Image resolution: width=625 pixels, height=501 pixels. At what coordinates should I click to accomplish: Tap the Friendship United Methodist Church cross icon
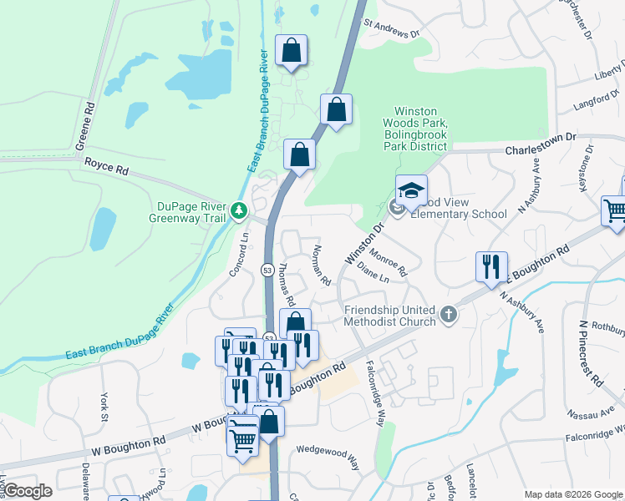pyautogui.click(x=449, y=315)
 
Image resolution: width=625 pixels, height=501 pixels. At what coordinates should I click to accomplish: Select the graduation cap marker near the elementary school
pyautogui.click(x=411, y=191)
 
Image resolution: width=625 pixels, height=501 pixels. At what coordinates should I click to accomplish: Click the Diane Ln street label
pyautogui.click(x=373, y=272)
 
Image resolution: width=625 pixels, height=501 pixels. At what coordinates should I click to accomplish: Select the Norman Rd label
pyautogui.click(x=321, y=266)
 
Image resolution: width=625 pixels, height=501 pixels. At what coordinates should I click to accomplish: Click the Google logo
pyautogui.click(x=28, y=491)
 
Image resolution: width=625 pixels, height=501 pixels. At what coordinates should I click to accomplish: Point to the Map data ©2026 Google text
pyautogui.click(x=572, y=494)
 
